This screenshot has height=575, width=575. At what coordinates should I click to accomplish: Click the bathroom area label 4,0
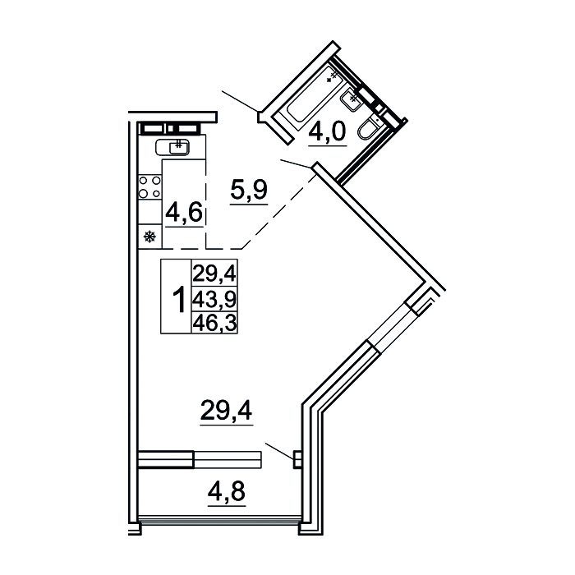pos(328,131)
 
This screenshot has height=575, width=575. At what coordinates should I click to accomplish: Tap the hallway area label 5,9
pos(249,190)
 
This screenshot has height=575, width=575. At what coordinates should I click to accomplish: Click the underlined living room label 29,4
pos(226,410)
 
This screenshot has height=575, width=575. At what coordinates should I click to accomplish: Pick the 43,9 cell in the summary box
pos(215,301)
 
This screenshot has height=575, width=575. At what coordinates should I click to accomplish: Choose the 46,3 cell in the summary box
pos(215,322)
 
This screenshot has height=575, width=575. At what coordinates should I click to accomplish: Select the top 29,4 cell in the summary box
pos(215,274)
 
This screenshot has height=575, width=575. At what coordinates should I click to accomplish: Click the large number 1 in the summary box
pos(179,301)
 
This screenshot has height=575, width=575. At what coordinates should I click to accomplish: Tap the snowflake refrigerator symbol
pos(149,237)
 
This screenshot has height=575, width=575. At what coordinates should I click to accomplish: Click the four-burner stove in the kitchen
pos(149,186)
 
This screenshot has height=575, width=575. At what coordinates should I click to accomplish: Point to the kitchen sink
pos(172,147)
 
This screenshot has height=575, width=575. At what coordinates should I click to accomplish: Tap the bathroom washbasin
pos(352,99)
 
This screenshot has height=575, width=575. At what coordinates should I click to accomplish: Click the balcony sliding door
pos(200,459)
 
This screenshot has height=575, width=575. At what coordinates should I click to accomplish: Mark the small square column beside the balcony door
pos(297,459)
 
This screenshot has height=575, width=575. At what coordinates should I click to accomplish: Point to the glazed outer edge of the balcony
pos(220,519)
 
